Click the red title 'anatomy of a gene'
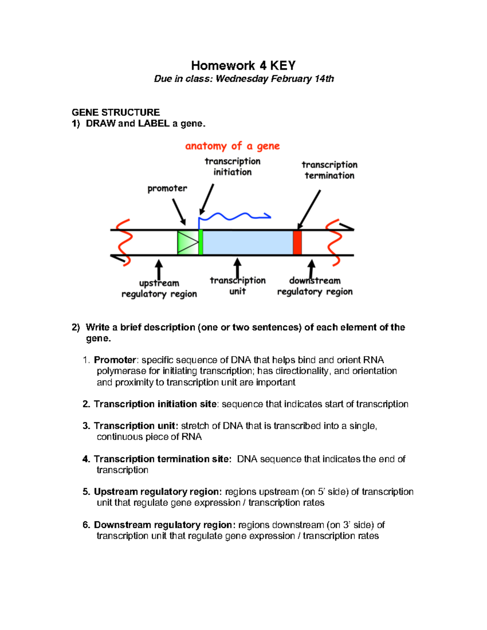tap(232, 146)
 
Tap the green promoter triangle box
tap(187, 243)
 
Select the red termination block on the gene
tap(297, 243)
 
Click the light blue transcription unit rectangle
tap(248, 243)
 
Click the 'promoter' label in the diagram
tap(167, 189)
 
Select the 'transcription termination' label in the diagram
tap(329, 170)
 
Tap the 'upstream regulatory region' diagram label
tap(159, 288)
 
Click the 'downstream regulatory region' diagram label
tap(315, 286)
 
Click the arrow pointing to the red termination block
tap(309, 209)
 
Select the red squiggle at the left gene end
tap(124, 243)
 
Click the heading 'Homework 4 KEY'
tap(243, 65)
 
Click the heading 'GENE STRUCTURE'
tap(116, 112)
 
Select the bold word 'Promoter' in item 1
tap(115, 360)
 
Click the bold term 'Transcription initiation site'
tap(155, 404)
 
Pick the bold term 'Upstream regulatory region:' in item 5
tap(158, 492)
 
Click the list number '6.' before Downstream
tap(86, 525)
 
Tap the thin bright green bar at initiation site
tap(200, 243)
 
